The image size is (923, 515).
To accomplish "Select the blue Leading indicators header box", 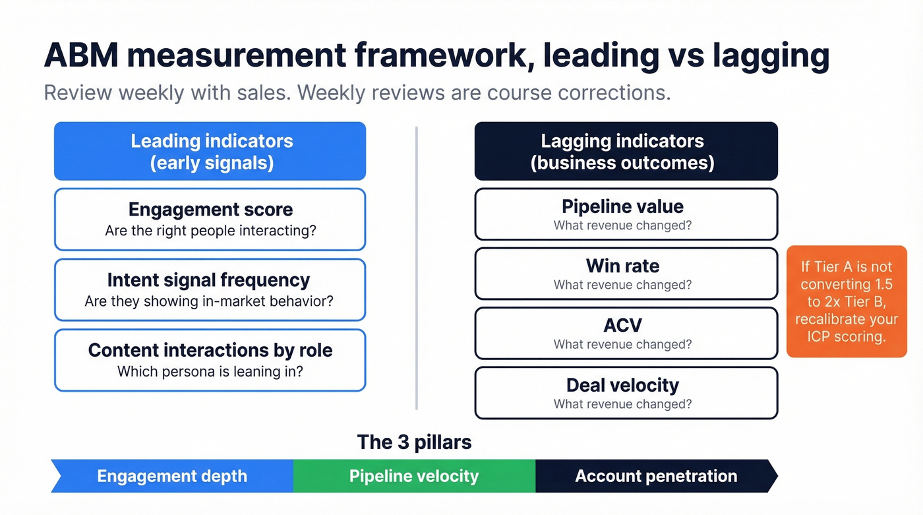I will pos(210,151).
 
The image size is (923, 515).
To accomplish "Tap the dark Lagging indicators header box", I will pos(626,151).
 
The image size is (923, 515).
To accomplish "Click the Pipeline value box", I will pos(626,214).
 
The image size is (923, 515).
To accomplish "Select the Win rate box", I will pos(626,273).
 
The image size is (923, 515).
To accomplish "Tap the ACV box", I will pos(626,332).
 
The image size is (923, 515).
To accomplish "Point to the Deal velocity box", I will pos(626,392).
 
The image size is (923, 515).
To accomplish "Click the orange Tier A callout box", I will pos(847,301).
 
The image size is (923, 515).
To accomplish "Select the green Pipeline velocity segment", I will pos(414,476).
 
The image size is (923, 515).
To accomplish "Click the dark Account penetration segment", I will pos(655,476).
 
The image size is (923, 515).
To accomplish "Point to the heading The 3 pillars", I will pos(414,442).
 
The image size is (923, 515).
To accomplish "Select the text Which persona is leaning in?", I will pos(210,371).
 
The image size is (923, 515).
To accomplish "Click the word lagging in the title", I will pos(771,56).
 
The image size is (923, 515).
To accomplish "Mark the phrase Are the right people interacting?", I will pos(210,231).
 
